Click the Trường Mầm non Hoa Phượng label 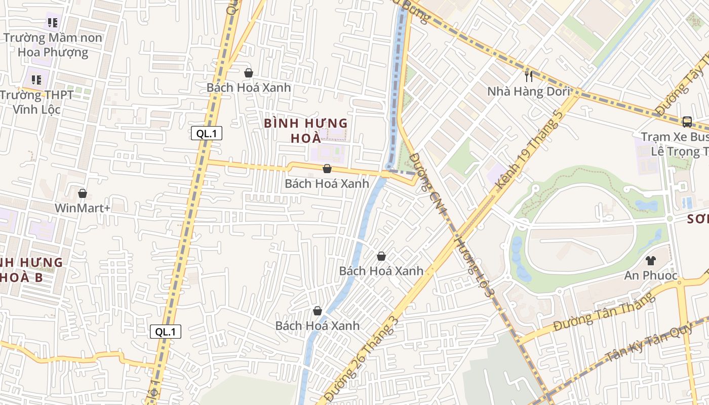point(53,45)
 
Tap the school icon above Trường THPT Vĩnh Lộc point(36,79)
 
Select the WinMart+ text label point(82,208)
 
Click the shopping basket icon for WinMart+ point(83,193)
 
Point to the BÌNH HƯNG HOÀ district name point(306,131)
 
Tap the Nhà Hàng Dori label point(528,92)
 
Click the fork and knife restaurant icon point(529,76)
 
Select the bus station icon point(687,121)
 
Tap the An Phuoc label point(650,275)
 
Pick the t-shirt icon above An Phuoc point(651,261)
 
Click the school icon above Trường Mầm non point(53,22)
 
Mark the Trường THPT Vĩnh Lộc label point(36,102)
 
